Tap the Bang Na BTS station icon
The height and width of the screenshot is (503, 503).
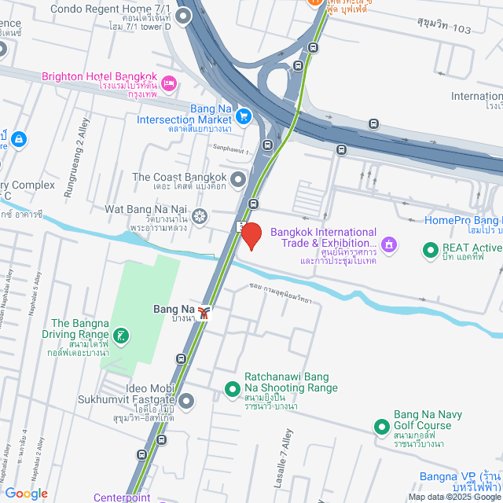coord(204,314)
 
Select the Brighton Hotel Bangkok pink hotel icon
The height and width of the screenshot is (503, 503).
coord(170,83)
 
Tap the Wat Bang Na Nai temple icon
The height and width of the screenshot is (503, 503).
coord(200,215)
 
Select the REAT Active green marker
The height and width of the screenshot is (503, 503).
coord(430,251)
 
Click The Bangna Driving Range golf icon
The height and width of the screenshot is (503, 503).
coord(119,336)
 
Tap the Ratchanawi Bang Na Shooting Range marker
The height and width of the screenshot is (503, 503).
coord(232,389)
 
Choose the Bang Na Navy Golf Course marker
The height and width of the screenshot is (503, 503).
coord(381,428)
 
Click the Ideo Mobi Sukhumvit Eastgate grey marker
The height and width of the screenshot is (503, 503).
coord(185,402)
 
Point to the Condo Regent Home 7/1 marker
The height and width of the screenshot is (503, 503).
coord(184,15)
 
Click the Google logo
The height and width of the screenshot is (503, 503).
coord(26,493)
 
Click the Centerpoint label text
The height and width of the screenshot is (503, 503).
coord(121,497)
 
